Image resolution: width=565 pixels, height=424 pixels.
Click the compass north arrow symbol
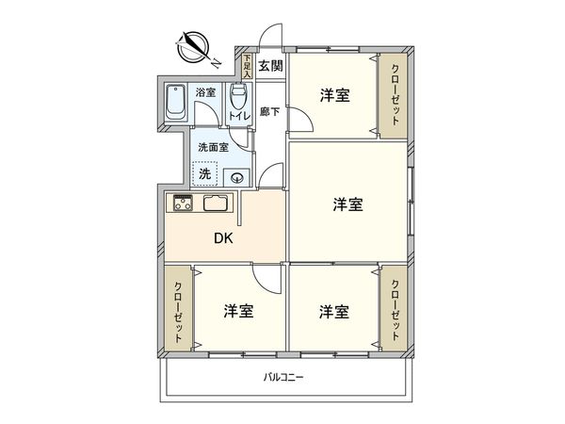tap(196, 45)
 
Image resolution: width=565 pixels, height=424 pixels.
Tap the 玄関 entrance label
tap(271, 67)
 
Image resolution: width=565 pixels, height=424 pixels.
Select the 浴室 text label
tap(205, 92)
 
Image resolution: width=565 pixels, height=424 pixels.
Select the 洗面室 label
tap(213, 146)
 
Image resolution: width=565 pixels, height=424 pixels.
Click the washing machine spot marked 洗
tap(204, 173)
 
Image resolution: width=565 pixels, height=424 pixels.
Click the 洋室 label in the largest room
tap(347, 204)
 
